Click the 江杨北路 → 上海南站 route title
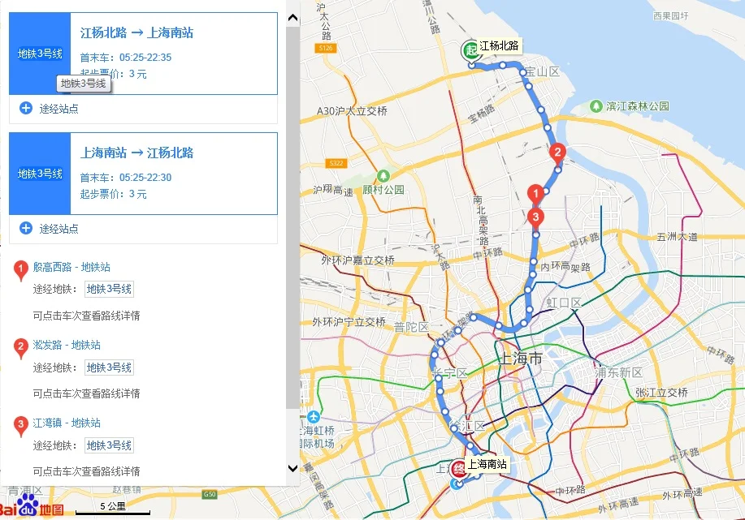(136, 33)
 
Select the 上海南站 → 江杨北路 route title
(136, 153)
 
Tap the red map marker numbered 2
(557, 152)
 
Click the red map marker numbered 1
(535, 195)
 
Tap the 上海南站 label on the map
(487, 465)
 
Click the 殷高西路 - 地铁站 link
(71, 267)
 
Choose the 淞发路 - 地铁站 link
(67, 345)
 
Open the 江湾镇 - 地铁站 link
(67, 423)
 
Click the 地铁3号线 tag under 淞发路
(109, 367)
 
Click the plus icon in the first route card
(26, 108)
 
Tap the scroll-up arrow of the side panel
(292, 15)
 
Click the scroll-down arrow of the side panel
(292, 468)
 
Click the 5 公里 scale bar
(113, 508)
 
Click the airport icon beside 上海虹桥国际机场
(314, 417)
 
